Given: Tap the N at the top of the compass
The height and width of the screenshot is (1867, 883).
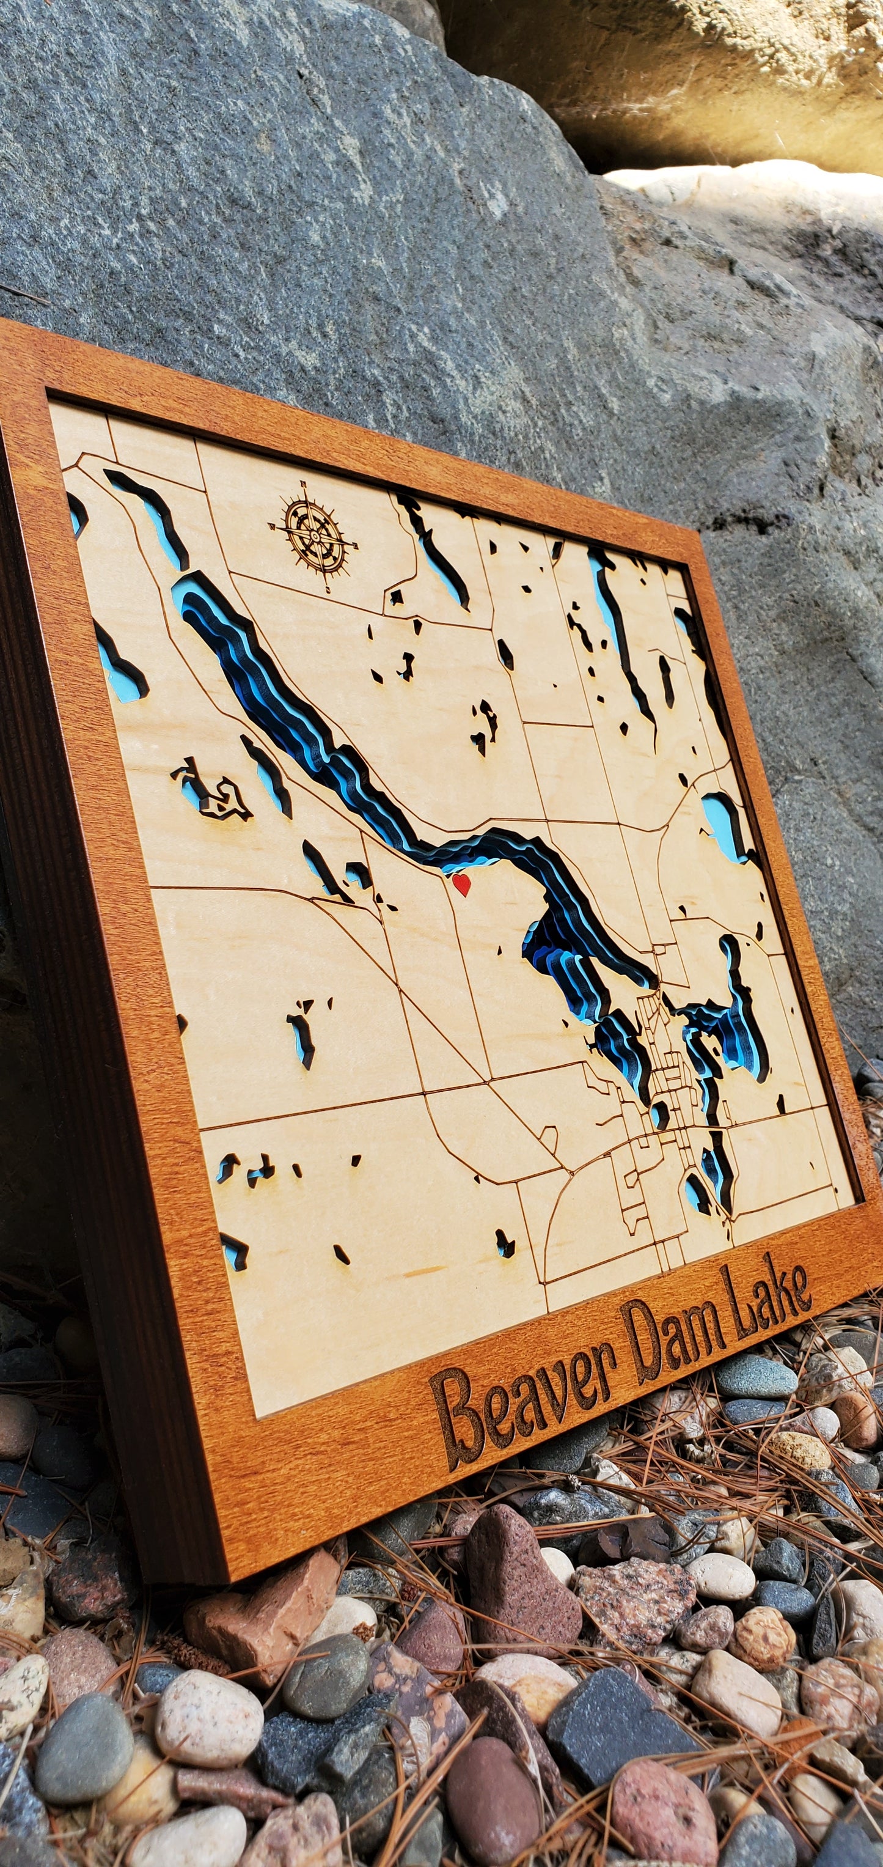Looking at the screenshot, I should point(304,484).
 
